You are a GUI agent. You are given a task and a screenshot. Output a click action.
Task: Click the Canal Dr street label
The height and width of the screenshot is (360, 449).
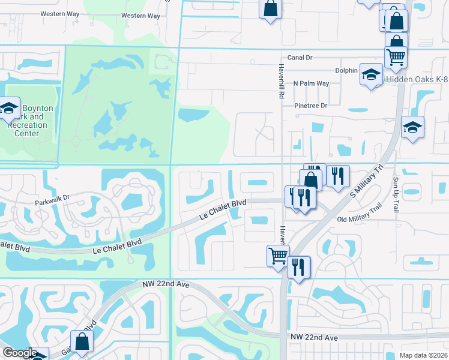tap(300, 58)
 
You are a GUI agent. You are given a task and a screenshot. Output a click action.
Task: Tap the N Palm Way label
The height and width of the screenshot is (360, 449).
tap(311, 83)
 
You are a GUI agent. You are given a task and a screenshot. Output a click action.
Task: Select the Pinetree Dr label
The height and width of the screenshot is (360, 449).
tap(310, 106)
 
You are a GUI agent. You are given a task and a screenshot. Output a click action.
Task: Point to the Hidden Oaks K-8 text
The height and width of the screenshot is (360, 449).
tap(417, 79)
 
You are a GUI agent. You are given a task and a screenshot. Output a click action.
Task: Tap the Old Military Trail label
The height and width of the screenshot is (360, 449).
tap(360, 220)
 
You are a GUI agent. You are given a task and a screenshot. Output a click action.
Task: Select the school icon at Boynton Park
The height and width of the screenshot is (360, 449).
tap(9, 109)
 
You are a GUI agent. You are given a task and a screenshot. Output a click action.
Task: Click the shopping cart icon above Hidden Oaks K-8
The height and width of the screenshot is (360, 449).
tap(396, 57)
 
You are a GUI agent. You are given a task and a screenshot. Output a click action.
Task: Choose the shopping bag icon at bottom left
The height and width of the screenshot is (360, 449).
tap(82, 341)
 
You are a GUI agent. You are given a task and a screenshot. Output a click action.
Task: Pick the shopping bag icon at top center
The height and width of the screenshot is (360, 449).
tap(270, 8)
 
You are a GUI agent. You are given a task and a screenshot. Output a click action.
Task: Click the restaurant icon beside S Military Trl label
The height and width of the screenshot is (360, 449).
tap(339, 175)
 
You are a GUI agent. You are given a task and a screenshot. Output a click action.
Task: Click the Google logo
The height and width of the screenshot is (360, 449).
tap(20, 353)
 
